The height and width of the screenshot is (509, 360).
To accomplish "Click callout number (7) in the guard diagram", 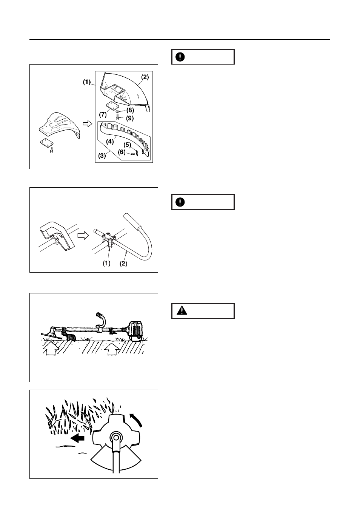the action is pos(103,114).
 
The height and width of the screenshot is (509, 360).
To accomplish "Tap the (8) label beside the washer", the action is pos(130,110).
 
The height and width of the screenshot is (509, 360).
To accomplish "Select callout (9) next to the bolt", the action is pos(130,118).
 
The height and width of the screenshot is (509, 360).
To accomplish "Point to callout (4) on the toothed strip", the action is pos(110,141).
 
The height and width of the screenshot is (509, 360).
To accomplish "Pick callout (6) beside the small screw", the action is pos(122,152).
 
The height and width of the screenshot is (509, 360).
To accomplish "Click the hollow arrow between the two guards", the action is pos(87,124).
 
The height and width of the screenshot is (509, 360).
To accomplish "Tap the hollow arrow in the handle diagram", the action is pos(83,235).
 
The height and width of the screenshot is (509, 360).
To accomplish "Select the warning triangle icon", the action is pos(182,311).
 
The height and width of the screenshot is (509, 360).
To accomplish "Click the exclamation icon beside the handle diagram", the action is pos(180,202).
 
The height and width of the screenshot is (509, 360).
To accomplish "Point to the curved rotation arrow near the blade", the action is pos(136,420).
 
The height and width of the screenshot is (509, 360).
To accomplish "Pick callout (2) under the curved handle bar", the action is pos(123,264).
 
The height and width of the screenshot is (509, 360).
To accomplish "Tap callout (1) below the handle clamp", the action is pos(106,263).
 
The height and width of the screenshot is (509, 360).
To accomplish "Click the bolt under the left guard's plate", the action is pos(52,150).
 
